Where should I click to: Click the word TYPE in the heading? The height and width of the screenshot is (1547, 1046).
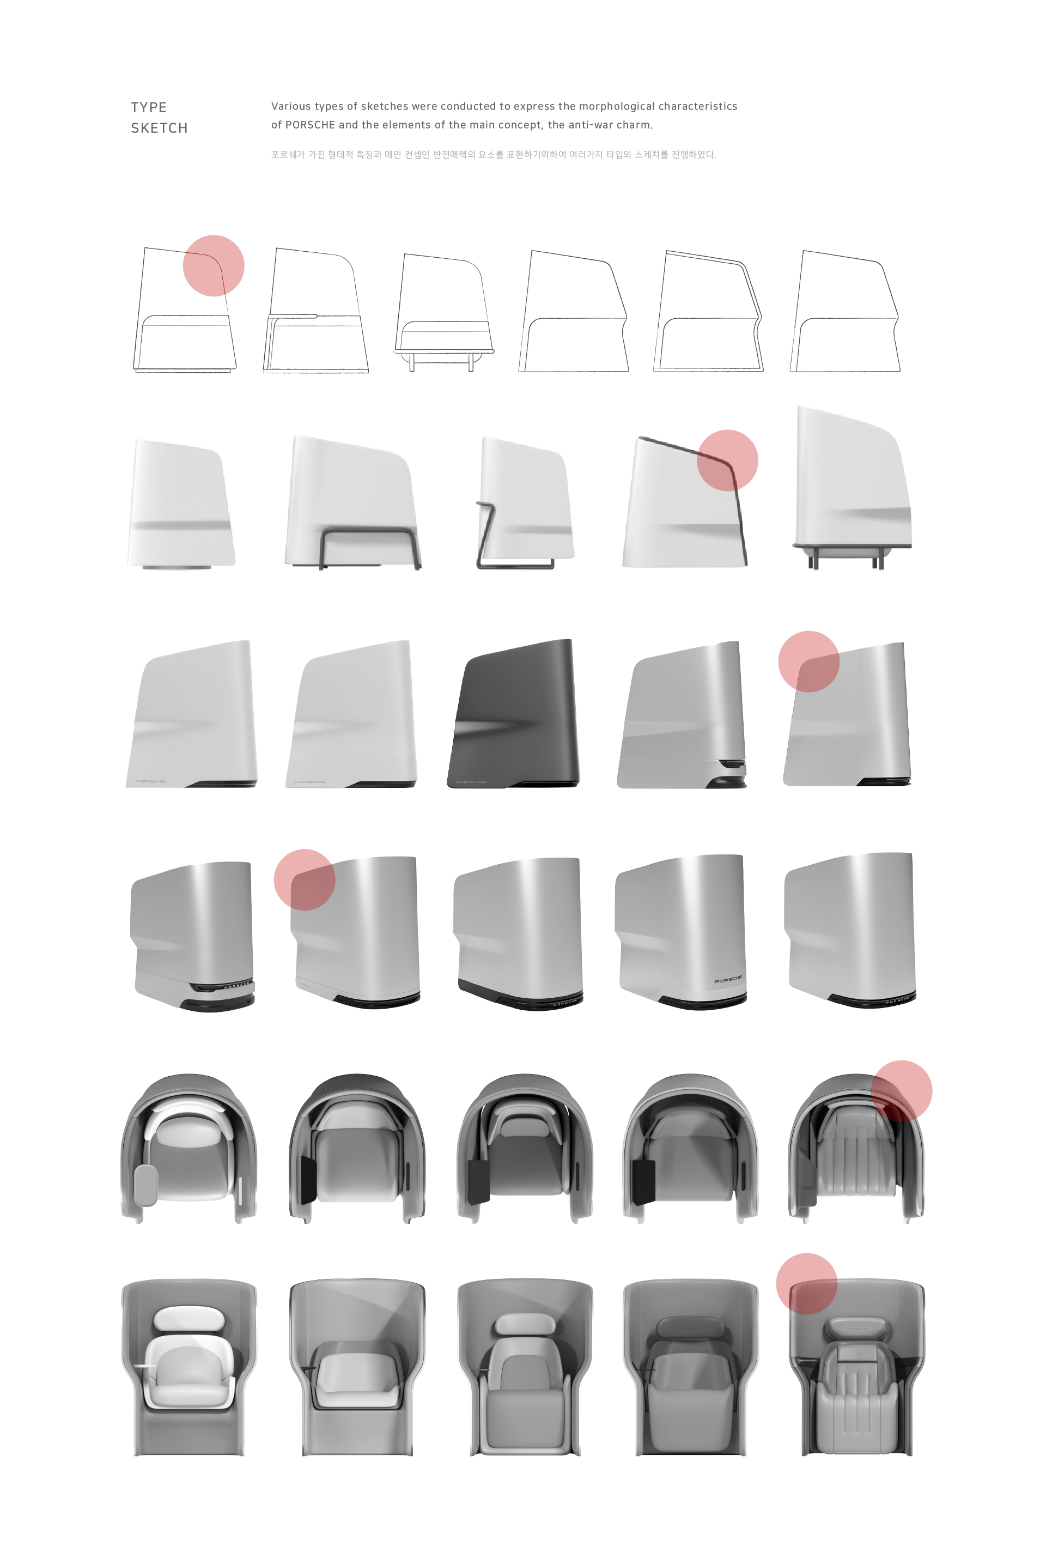[148, 107]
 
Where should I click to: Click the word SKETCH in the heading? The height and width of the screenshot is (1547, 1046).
[159, 128]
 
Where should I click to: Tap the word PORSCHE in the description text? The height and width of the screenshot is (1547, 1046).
[310, 124]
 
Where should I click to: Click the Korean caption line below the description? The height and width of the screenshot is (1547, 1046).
[493, 154]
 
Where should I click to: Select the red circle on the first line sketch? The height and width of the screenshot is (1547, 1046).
[213, 265]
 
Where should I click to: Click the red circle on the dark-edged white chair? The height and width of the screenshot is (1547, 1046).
[727, 460]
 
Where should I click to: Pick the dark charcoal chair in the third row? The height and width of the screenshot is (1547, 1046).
[514, 714]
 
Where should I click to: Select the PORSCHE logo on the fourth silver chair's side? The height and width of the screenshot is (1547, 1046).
[727, 980]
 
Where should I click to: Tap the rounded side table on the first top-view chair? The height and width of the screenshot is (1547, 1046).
[145, 1185]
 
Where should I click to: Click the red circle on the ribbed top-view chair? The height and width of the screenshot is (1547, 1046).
[901, 1090]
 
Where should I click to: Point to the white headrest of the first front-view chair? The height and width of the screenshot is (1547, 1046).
[189, 1318]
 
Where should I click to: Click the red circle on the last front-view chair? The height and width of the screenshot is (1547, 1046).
[806, 1283]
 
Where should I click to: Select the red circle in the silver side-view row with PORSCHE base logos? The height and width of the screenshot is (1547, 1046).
[304, 879]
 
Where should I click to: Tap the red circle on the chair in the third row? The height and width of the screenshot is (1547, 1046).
[808, 661]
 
